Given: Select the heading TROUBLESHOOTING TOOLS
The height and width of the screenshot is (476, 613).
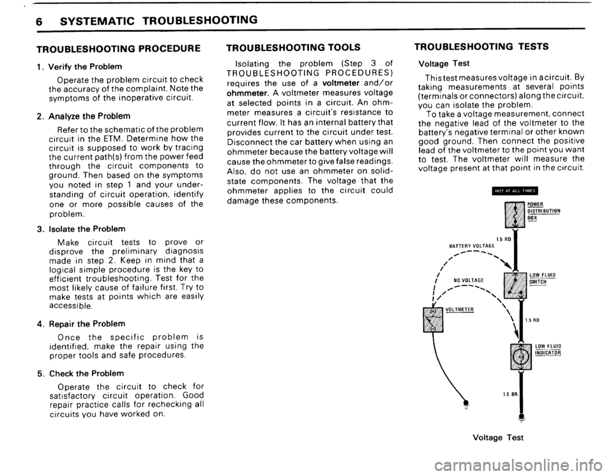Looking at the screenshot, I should coord(285,47).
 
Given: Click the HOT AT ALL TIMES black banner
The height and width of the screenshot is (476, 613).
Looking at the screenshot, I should coord(515,189).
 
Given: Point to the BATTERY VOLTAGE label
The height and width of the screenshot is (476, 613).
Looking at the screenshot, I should coord(473,244).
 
